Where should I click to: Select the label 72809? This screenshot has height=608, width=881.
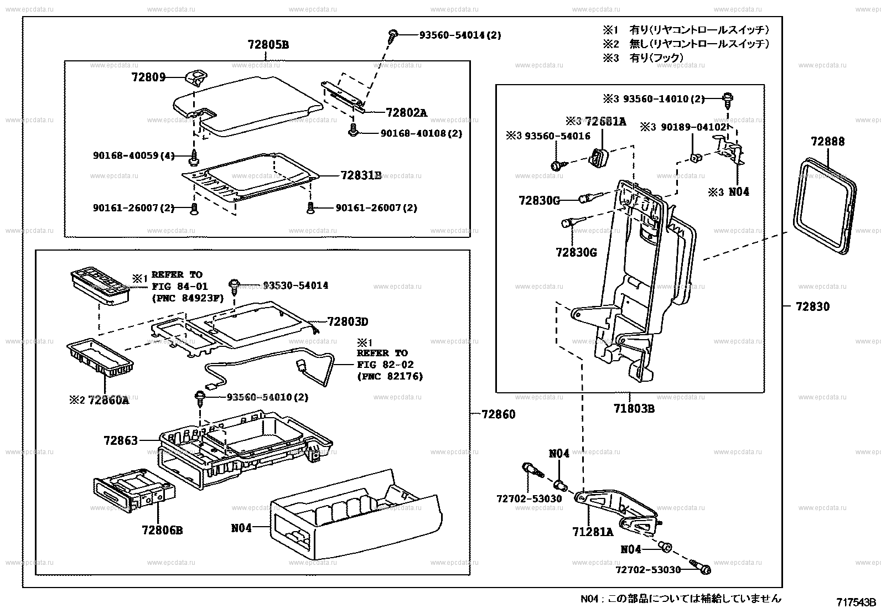tap(148, 77)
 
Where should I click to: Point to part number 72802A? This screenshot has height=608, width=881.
tap(406, 112)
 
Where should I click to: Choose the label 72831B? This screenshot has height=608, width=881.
tap(361, 175)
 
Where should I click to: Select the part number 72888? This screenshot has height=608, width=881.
tap(828, 141)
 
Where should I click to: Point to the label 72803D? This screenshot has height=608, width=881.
tap(348, 321)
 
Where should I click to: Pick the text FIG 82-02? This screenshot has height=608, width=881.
tap(385, 365)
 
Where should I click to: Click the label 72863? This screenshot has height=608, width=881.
tap(120, 440)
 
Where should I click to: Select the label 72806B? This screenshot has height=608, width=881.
tap(162, 530)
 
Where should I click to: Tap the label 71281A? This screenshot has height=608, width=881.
tap(593, 532)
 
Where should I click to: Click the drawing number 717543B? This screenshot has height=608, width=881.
tap(856, 602)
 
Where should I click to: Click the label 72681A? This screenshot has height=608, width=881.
tap(605, 121)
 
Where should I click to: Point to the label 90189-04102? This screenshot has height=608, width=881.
tap(683, 127)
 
